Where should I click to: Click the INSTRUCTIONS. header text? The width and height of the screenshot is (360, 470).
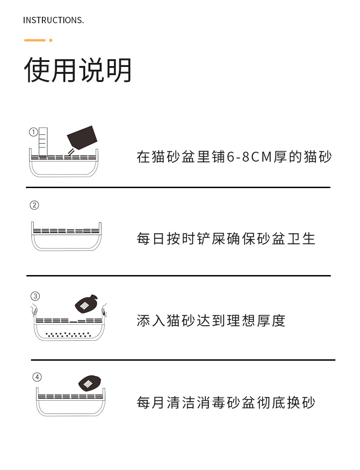point(53,20)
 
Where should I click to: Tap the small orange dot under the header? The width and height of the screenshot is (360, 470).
point(51,40)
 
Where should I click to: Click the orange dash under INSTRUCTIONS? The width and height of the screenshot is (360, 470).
point(35,40)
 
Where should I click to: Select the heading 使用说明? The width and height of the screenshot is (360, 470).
point(78,71)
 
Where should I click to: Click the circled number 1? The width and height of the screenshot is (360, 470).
point(33,132)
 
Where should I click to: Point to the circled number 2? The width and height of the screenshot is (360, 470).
point(34,205)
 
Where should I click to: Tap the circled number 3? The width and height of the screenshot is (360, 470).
point(35,296)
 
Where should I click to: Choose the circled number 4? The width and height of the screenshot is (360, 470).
point(37,377)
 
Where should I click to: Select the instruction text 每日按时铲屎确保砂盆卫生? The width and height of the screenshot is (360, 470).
point(226,239)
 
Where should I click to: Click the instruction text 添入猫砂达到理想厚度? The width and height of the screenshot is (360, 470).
point(211,321)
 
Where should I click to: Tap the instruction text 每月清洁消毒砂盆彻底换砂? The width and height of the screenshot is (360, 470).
point(226,403)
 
